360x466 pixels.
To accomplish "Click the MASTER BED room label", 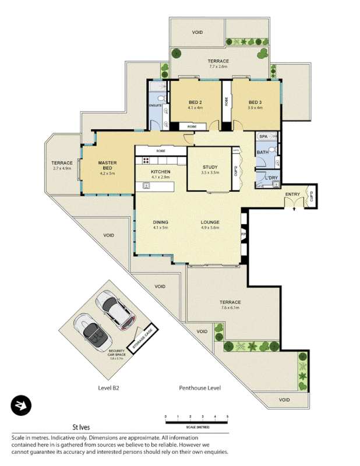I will coord(108,166).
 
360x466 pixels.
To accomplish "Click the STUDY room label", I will coord(209,167).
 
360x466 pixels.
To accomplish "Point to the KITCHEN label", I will coord(160,172).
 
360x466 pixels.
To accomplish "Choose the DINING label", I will coord(160,222).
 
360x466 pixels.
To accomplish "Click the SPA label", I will coord(263,136).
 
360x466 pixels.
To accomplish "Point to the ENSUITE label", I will coord(155,105).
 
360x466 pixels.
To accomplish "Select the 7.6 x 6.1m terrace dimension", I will coord(230,309).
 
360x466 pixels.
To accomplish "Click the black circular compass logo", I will coord(22,406).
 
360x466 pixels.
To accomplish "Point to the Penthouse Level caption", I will coord(200,388).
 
